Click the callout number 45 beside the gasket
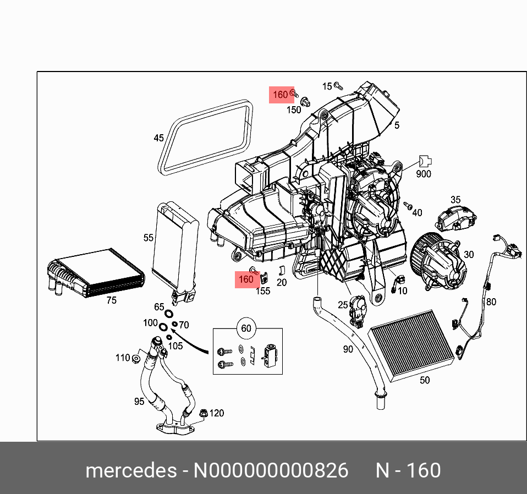pyautogui.click(x=158, y=138)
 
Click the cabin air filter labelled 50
pyautogui.click(x=413, y=344)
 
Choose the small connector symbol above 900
pyautogui.click(x=424, y=161)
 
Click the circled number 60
pyautogui.click(x=246, y=328)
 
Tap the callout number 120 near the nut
pyautogui.click(x=217, y=413)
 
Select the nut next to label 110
pyautogui.click(x=135, y=359)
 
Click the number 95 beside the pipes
pyautogui.click(x=139, y=402)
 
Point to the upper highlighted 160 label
pyautogui.click(x=281, y=95)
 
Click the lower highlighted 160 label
pyautogui.click(x=245, y=279)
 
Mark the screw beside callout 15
pyautogui.click(x=339, y=86)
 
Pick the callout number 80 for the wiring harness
pyautogui.click(x=491, y=301)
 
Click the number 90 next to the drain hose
pyautogui.click(x=348, y=349)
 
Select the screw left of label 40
pyautogui.click(x=408, y=206)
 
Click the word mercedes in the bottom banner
pyautogui.click(x=130, y=471)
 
